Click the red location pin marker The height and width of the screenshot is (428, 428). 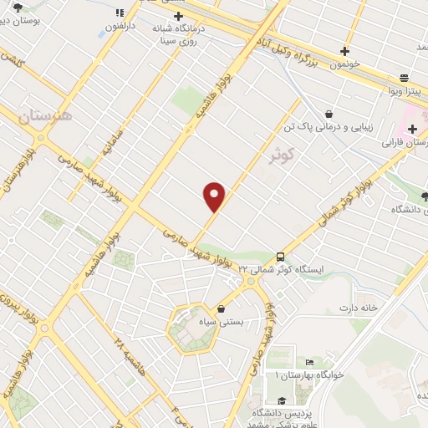point(216,197)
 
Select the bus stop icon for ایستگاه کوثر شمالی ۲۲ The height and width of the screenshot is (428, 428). point(279,257)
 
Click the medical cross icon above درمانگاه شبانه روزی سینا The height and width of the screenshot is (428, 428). point(179,16)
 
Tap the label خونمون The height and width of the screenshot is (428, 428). point(344,64)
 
